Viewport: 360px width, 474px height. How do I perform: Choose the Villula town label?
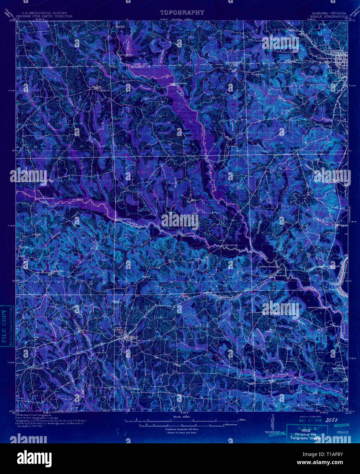pos(134,389)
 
